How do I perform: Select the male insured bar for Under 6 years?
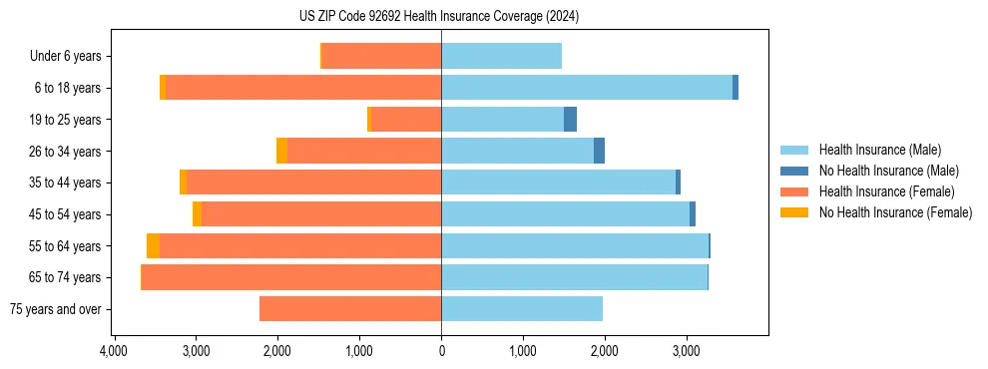(x=501, y=56)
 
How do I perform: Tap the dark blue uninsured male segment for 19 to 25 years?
(x=570, y=120)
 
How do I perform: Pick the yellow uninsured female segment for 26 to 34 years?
(x=282, y=151)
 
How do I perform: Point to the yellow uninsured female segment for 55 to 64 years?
(x=153, y=245)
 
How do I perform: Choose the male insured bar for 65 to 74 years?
(x=574, y=277)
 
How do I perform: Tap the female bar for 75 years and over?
(x=350, y=309)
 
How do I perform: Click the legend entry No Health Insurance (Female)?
(x=895, y=212)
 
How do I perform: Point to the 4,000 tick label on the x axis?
(x=114, y=352)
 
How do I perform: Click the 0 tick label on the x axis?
(x=441, y=352)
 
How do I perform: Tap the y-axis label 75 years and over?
(x=55, y=309)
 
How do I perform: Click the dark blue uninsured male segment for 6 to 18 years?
(x=736, y=88)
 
